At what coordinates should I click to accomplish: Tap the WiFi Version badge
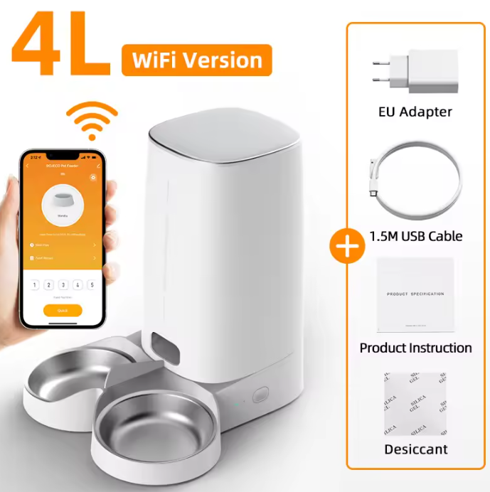tap(196, 60)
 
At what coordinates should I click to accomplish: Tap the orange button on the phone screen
tap(63, 310)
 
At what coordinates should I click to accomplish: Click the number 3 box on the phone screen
tap(63, 285)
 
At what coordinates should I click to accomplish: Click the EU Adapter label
tap(415, 112)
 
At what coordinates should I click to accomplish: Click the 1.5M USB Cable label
tap(415, 236)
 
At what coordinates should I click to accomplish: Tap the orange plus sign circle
tap(347, 247)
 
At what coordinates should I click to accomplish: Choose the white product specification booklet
tap(415, 294)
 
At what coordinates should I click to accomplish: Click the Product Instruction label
tap(415, 348)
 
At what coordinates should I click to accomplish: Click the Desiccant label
tap(415, 449)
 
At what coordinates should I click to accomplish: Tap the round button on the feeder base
tap(261, 395)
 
